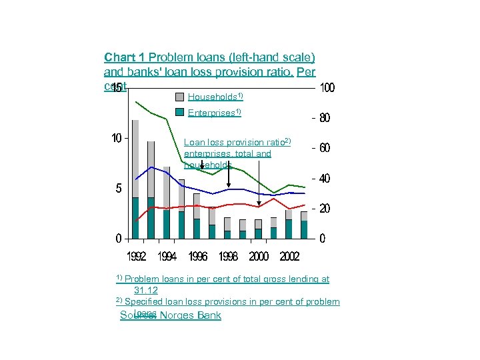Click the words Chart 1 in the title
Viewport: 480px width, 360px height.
coord(125,58)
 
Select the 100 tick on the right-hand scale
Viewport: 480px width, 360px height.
coord(327,88)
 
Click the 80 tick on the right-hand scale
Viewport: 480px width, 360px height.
coord(324,118)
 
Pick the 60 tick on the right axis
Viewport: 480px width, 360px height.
coord(324,148)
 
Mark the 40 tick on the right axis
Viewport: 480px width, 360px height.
coord(324,179)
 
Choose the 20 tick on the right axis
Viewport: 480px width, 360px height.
coord(324,209)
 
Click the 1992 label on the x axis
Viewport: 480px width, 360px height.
coord(137,257)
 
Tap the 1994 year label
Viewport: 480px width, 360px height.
coord(167,257)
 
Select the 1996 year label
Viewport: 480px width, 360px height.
coord(197,257)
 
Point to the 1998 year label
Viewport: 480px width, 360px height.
coord(228,257)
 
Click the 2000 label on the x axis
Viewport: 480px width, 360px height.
coord(259,257)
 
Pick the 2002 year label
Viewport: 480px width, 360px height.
coord(289,257)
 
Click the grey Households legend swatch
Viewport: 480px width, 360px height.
coord(180,96)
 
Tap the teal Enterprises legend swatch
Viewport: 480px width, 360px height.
coord(180,112)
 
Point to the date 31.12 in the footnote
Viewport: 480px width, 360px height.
coord(146,290)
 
